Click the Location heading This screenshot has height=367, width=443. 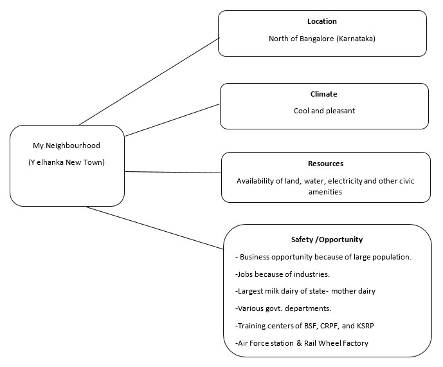(322, 21)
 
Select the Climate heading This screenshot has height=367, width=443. (323, 94)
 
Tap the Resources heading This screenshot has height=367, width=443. (325, 164)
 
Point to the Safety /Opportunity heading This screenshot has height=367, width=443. (327, 240)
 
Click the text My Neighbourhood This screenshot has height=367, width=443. (67, 146)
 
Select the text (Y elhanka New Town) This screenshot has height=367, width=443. (67, 162)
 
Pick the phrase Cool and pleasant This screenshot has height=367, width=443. (323, 111)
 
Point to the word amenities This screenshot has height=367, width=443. (325, 192)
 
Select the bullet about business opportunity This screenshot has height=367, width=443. (323, 257)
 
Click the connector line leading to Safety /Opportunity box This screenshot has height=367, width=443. (154, 228)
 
